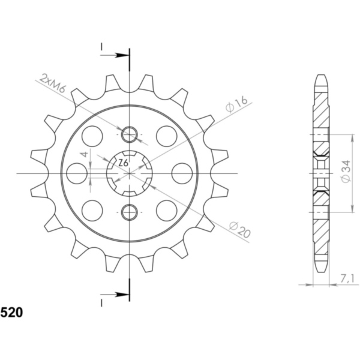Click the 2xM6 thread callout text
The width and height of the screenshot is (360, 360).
[x=53, y=83]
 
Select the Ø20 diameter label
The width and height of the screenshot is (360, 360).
[x=239, y=229]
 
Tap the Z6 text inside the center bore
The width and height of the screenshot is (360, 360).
[x=122, y=163]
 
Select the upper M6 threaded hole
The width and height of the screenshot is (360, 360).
[x=130, y=134]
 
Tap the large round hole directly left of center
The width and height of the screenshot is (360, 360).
[x=77, y=173]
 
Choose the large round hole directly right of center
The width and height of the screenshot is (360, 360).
[x=182, y=173]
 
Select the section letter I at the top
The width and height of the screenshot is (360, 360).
[x=102, y=46]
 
